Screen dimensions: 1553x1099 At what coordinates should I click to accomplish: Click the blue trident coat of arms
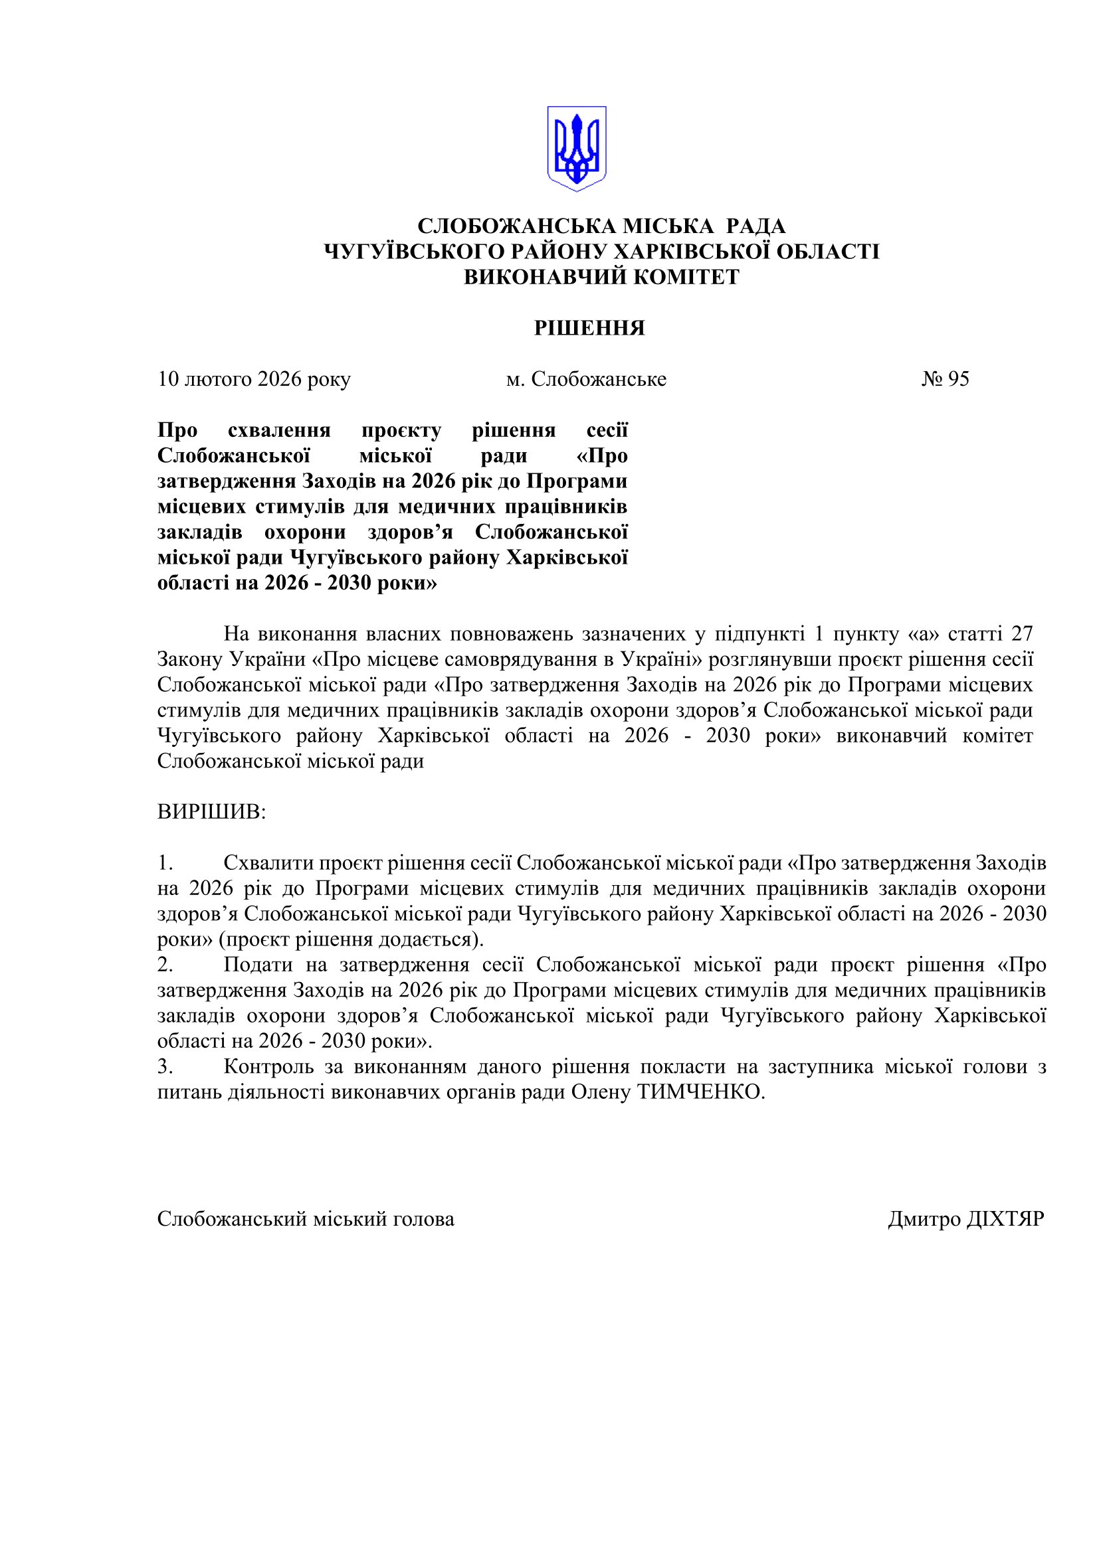pos(576,149)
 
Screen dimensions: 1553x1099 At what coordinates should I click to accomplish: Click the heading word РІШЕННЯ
pos(589,329)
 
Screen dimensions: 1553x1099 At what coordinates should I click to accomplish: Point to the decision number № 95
pos(945,378)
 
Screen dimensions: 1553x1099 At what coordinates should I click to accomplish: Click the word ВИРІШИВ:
pos(212,812)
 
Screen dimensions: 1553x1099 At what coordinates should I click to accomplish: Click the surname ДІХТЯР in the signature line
pos(1005,1220)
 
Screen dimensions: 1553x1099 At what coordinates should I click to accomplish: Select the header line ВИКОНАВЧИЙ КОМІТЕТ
pos(601,278)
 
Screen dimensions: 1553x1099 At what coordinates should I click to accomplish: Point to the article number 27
pos(1021,634)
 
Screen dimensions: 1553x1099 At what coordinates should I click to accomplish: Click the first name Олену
pos(601,1092)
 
